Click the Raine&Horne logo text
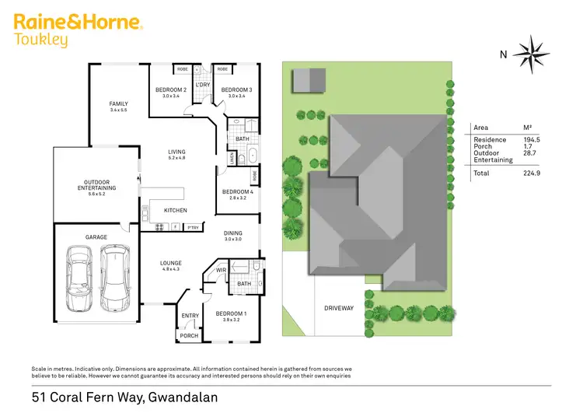pos(78,22)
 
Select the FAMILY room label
pos(118,104)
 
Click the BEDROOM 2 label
pos(170,90)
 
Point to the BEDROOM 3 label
pos(236,90)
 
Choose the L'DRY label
pos(203,85)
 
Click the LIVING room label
pos(177,152)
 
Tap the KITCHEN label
pos(175,211)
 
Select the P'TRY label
pos(193,227)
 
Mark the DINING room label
pos(233,233)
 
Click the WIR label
pos(221,270)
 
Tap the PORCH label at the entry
pos(189,336)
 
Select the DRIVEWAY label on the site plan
pos(338,308)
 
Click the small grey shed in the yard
pos(309,80)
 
